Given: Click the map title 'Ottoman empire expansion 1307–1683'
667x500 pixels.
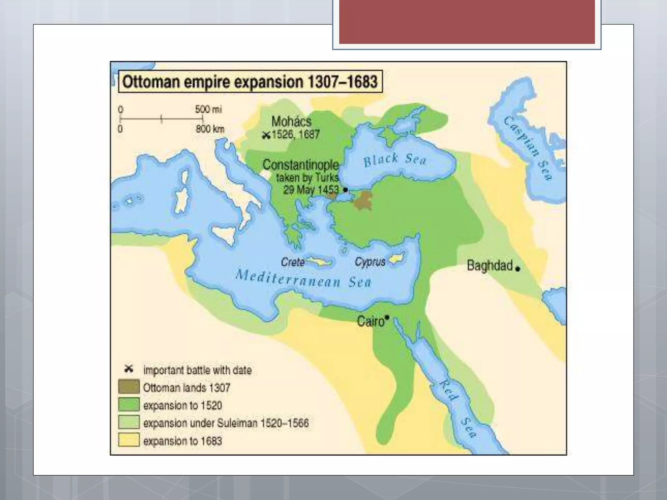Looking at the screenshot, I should pos(250,82).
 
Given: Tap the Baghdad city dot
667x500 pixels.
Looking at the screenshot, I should pos(518,269).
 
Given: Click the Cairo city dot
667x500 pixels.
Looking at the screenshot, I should pos(387,317).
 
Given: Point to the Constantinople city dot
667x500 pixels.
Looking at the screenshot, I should pos(346,189).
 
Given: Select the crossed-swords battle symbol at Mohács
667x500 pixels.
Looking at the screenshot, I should pos(266,135).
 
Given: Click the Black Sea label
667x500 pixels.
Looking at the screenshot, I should pos(395,160).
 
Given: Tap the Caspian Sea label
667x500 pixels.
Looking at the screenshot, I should pos(528,148).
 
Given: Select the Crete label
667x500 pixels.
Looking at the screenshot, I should pos(292,262).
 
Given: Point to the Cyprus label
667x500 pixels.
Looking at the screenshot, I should pos(370,262).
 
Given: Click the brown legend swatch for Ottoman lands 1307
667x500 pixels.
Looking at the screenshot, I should pos(129,387).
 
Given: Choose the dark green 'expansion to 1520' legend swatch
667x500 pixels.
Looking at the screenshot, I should pos(129,405).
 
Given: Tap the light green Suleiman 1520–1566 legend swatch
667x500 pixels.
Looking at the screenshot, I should pos(129,423).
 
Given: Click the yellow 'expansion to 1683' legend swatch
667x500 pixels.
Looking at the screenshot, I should pos(129,440).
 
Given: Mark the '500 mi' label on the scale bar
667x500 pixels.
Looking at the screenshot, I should pos(208,109).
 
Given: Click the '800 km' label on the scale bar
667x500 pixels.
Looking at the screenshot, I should pos(210,129).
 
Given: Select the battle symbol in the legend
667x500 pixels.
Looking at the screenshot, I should pos(129,369).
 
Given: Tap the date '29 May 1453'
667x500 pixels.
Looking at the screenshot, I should pos(311,190).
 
